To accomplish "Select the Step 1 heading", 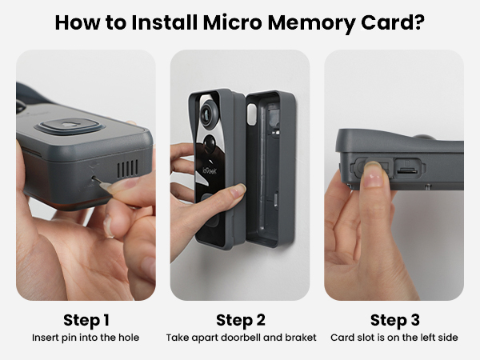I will (85, 321).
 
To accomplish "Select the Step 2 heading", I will (241, 321).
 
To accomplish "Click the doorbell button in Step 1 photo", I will (68, 126).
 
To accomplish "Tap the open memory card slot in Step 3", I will (406, 170).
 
